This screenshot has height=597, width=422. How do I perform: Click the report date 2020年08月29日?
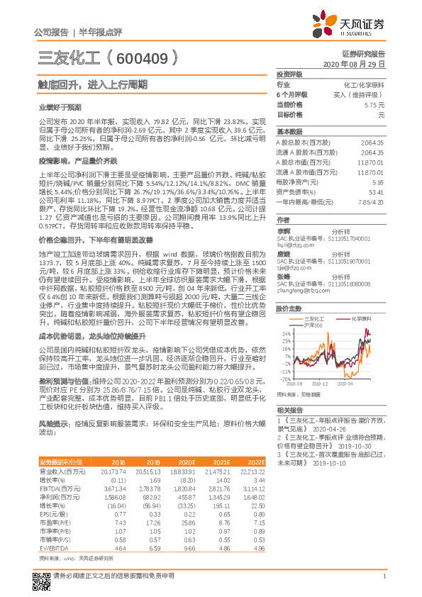[x=353, y=64]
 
